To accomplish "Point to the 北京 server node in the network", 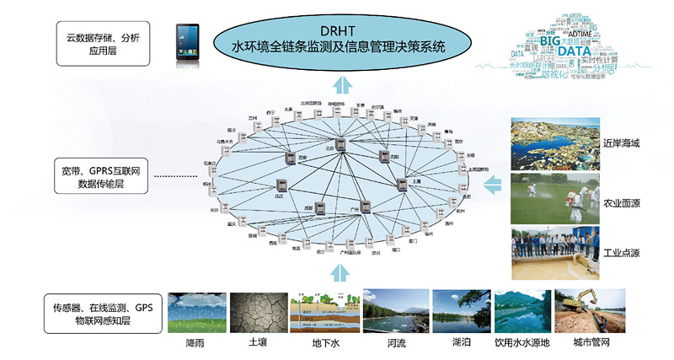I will coord(341,145).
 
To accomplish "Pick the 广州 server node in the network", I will coord(365,207).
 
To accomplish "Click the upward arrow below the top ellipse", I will coord(340,84).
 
